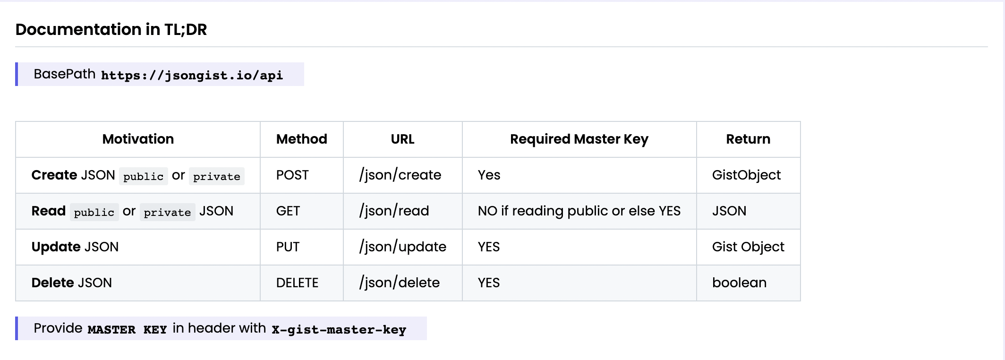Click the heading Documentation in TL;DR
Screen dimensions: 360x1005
(x=111, y=29)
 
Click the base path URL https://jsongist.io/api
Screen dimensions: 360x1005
(x=192, y=75)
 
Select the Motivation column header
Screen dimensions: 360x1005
(x=138, y=139)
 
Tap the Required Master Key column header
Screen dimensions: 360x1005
(x=579, y=139)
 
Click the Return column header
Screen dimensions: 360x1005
(x=748, y=139)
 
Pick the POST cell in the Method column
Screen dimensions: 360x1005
(x=292, y=175)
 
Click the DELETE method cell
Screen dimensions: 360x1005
(x=297, y=283)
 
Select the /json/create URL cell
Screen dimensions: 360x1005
(x=400, y=175)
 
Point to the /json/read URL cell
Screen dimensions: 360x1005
(x=394, y=211)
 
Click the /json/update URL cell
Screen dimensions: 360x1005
(x=402, y=247)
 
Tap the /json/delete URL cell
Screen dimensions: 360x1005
(x=399, y=283)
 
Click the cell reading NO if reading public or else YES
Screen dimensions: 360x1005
(x=579, y=211)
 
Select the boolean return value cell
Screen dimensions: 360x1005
(x=739, y=283)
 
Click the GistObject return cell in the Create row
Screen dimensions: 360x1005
(x=746, y=175)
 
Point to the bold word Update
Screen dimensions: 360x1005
(x=56, y=247)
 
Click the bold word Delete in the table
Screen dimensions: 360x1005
(x=52, y=283)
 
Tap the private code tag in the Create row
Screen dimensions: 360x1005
(x=216, y=176)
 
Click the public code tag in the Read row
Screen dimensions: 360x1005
(x=94, y=212)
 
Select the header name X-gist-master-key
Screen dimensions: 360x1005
(x=339, y=329)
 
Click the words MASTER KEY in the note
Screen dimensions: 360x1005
(x=127, y=329)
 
